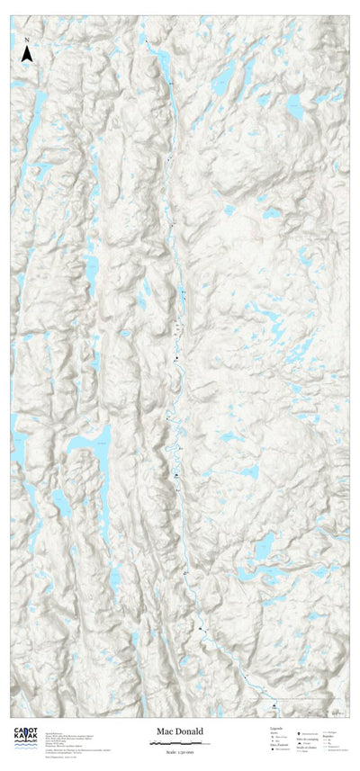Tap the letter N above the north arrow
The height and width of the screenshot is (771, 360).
(27, 40)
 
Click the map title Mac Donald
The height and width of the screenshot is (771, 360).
(180, 732)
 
